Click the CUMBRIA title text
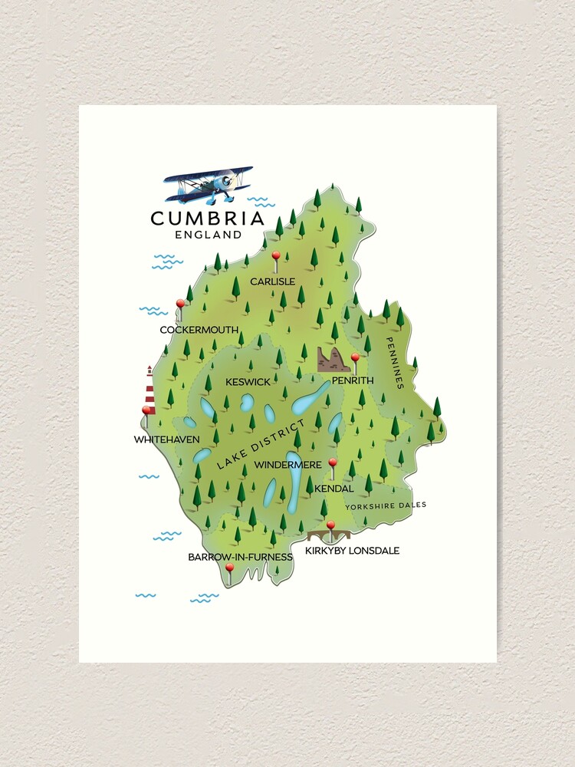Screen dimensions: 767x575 coord(208,219)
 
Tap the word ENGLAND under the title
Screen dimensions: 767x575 coord(208,235)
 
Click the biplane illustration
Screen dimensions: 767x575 coord(209,184)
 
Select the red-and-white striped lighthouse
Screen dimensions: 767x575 coord(150,391)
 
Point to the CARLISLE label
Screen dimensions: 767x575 coord(272,281)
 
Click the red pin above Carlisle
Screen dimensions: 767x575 coord(276,256)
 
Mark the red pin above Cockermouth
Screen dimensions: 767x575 coord(181,304)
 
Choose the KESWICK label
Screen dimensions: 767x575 coord(248,381)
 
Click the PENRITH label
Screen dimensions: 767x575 coord(353,380)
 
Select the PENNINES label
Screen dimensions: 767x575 coord(394,364)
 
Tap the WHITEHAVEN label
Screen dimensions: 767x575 coord(166,439)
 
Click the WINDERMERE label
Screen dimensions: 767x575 coord(287,465)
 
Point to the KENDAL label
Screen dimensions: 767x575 coord(334,488)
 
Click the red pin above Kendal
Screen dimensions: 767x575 coord(333,463)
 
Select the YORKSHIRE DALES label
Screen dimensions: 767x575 coord(385,505)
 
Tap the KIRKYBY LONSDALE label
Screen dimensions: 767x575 coord(352,551)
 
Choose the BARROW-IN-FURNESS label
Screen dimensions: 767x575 coord(240,557)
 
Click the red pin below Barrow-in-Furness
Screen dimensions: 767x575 coord(229,568)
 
